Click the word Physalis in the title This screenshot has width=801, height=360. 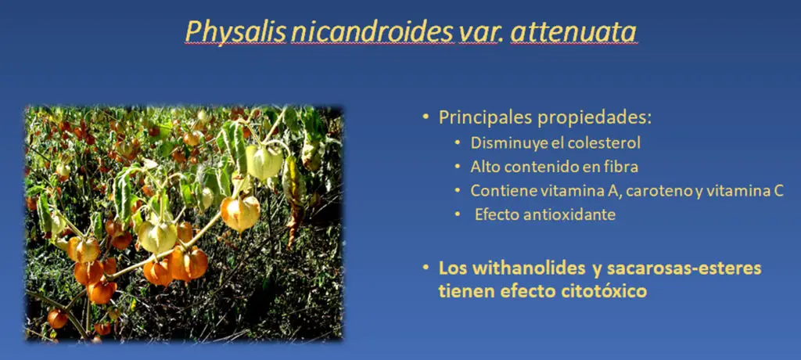pos(235,32)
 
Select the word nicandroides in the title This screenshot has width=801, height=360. pos(372,32)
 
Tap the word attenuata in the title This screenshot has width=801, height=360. pos(573,32)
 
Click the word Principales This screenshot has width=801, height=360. pos(484,118)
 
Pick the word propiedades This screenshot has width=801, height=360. pos(594,119)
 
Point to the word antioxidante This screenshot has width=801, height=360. pos(569,214)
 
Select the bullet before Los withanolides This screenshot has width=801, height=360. pos(426,268)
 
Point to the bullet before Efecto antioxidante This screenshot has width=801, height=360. pos(458,214)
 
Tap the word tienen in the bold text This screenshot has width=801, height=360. pos(467,291)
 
